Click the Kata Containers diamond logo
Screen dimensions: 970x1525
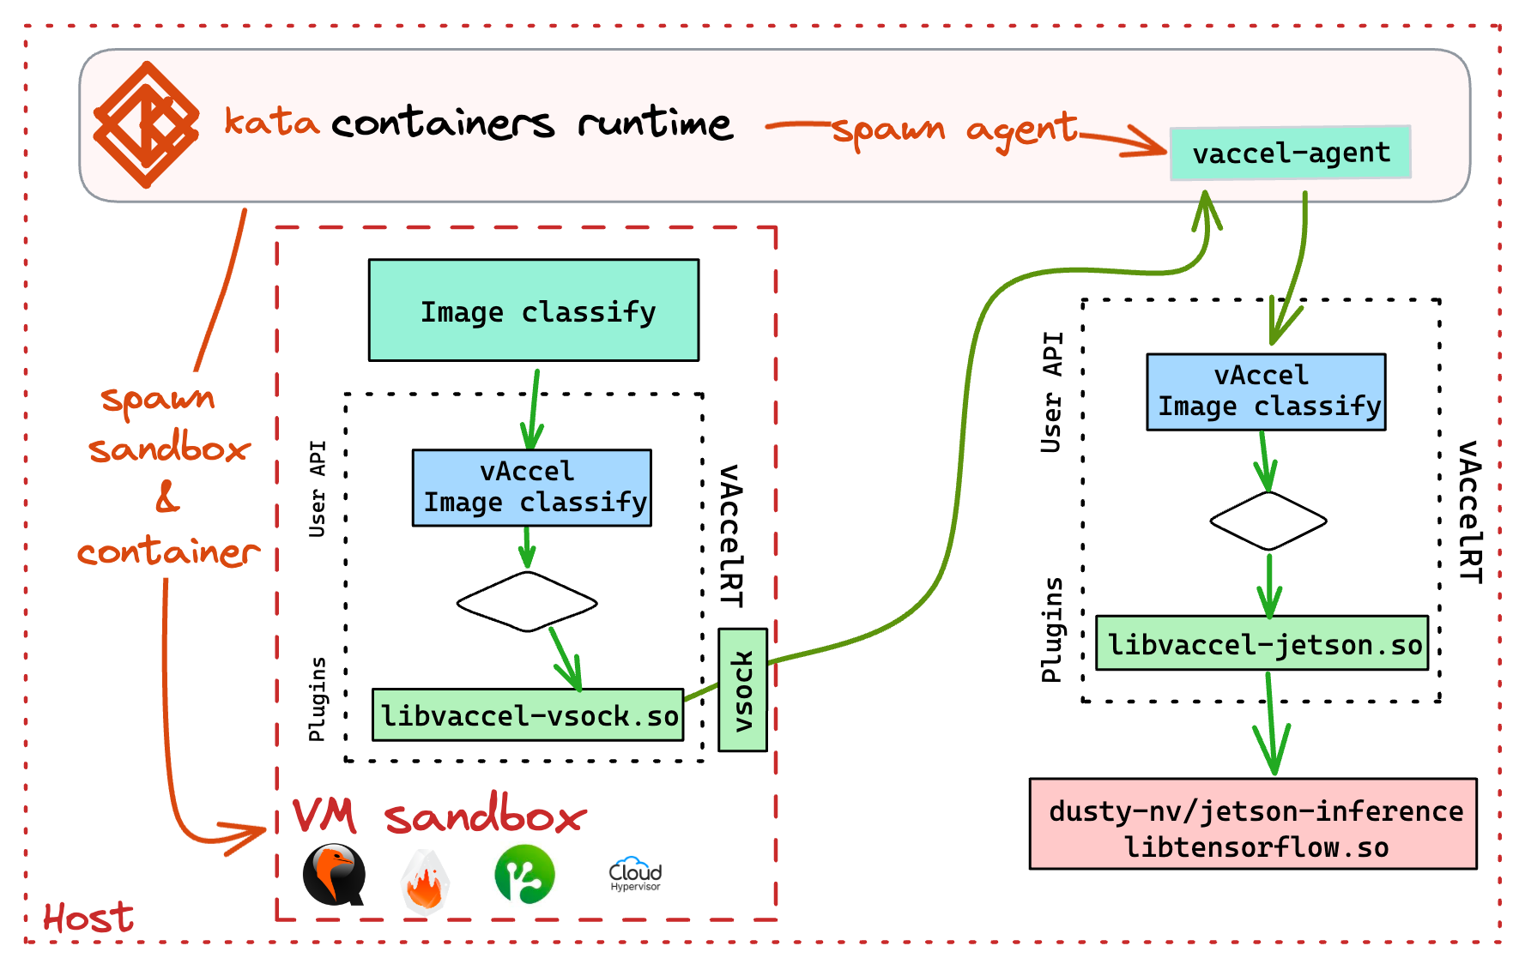[x=146, y=124]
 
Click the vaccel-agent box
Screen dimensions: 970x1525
[x=1290, y=154]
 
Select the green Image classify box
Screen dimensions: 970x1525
[x=534, y=310]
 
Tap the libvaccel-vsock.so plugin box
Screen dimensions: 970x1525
[x=528, y=714]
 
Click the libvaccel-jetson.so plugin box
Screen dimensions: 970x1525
[x=1262, y=643]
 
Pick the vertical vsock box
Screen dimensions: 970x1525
[x=742, y=690]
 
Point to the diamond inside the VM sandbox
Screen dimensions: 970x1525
[x=527, y=602]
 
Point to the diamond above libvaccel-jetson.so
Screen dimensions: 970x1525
[x=1268, y=521]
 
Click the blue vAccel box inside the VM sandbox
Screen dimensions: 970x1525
[x=532, y=488]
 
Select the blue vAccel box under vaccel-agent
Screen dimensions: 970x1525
[x=1266, y=392]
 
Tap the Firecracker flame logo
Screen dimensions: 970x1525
[x=425, y=880]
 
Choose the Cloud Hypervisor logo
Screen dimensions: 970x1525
[x=635, y=875]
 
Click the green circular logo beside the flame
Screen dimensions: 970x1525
[x=524, y=875]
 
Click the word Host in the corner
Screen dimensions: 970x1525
[x=88, y=918]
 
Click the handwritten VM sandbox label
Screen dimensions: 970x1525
[x=439, y=816]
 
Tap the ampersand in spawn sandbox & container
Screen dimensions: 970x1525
[x=167, y=497]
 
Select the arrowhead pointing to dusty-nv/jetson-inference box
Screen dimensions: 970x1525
[x=1273, y=755]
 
